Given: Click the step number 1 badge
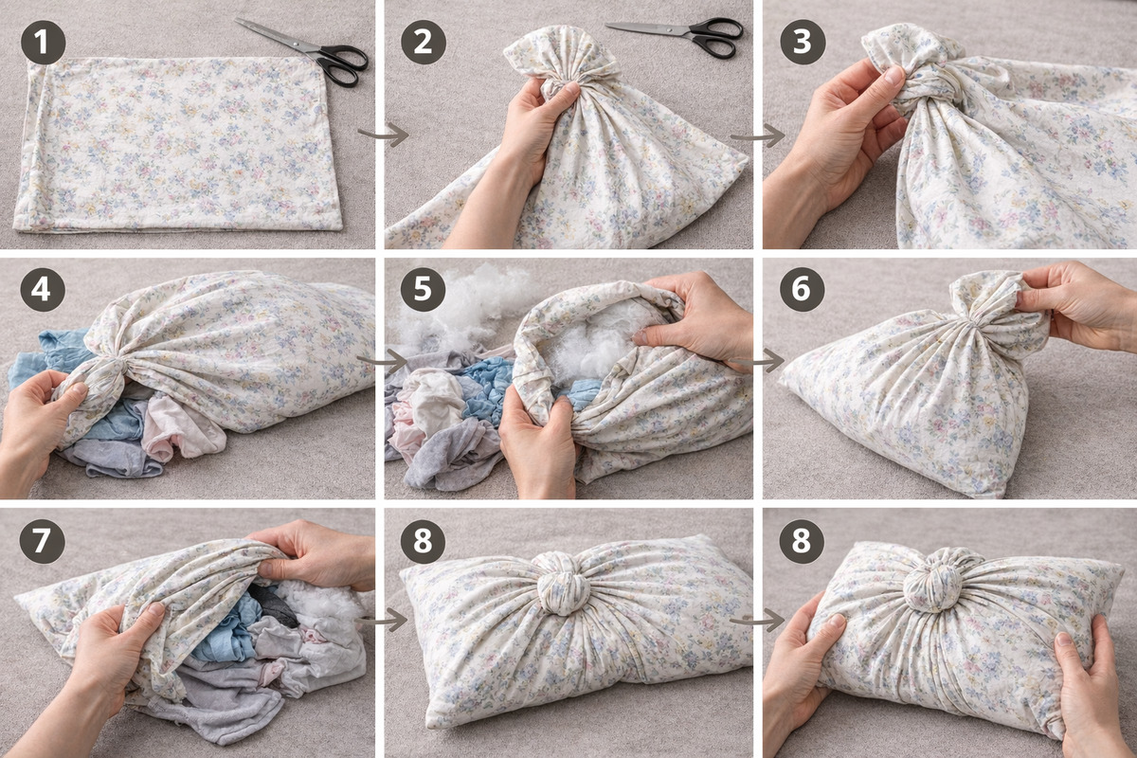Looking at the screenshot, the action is click(x=44, y=42).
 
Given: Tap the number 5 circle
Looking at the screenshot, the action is click(x=423, y=289).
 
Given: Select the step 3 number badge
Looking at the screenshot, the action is click(x=803, y=42).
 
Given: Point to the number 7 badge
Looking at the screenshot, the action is click(x=42, y=541).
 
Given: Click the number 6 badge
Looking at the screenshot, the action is click(x=803, y=289).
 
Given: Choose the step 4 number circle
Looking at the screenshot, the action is click(x=44, y=289).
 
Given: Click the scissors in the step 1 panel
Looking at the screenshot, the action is click(x=304, y=51).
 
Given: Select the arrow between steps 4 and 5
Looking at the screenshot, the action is click(x=382, y=362).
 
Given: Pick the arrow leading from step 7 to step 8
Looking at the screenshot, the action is click(x=382, y=621).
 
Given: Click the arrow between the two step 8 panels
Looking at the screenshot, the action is click(x=757, y=621).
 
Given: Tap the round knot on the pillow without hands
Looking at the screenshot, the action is click(x=563, y=585).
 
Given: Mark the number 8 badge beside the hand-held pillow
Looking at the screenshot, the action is click(x=802, y=541).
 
